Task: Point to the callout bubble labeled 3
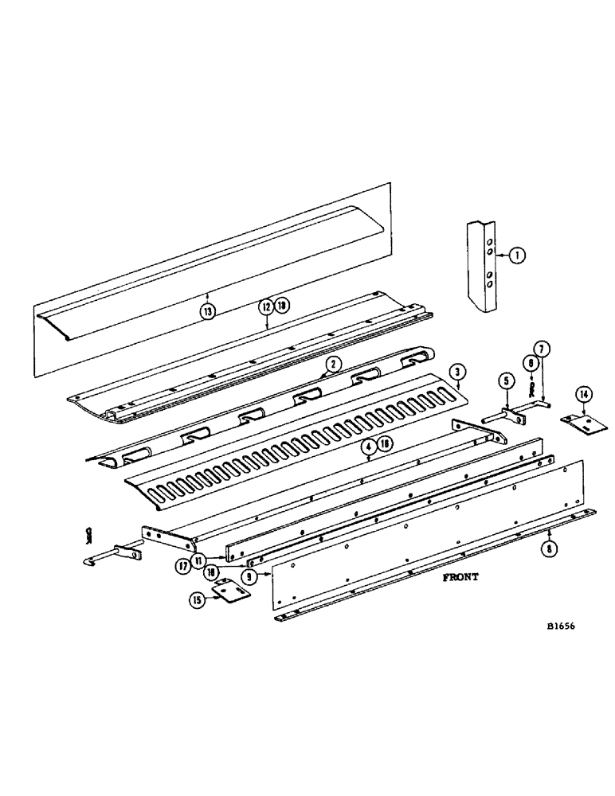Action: pos(456,371)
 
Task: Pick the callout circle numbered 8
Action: pos(550,546)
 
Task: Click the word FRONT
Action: pos(460,578)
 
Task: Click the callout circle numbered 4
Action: pos(367,447)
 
